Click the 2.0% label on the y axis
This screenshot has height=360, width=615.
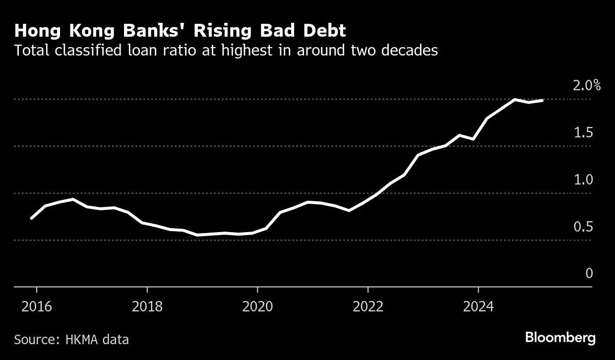pos(586,86)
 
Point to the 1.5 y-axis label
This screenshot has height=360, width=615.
pos(583,133)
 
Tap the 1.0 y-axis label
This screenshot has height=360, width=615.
pos(583,180)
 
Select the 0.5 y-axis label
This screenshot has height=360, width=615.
pos(583,227)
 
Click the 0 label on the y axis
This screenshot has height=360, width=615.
pos(589,274)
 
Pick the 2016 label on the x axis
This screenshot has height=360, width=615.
pos(37,306)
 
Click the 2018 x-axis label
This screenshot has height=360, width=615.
pos(147,306)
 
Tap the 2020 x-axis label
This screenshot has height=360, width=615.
pos(257,306)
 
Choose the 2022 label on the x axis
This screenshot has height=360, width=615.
pos(368,306)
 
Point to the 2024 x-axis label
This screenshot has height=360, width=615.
pos(478,306)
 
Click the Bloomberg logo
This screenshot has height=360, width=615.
pos(560,338)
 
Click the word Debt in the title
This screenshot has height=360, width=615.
pos(325,31)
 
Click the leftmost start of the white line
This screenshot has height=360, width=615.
pos(31,218)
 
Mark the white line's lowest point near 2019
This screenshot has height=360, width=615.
pos(198,235)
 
